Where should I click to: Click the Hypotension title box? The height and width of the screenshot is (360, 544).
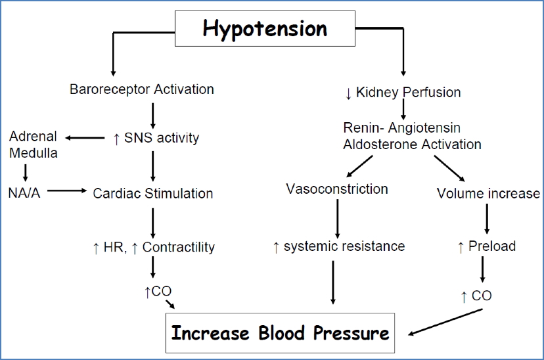264,29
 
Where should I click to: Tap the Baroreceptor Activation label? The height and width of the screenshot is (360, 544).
141,89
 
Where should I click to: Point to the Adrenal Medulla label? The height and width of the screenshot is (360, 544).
33,145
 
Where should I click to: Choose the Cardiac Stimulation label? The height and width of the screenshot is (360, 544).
152,193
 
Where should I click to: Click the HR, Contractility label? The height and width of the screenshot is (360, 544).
154,247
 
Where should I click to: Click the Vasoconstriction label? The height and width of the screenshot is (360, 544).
337,189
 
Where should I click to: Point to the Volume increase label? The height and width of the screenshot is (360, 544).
488,193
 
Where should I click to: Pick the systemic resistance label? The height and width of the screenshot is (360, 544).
338,246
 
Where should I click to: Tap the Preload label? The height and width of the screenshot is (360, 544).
486,246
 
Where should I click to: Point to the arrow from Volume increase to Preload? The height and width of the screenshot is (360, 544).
487,219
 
